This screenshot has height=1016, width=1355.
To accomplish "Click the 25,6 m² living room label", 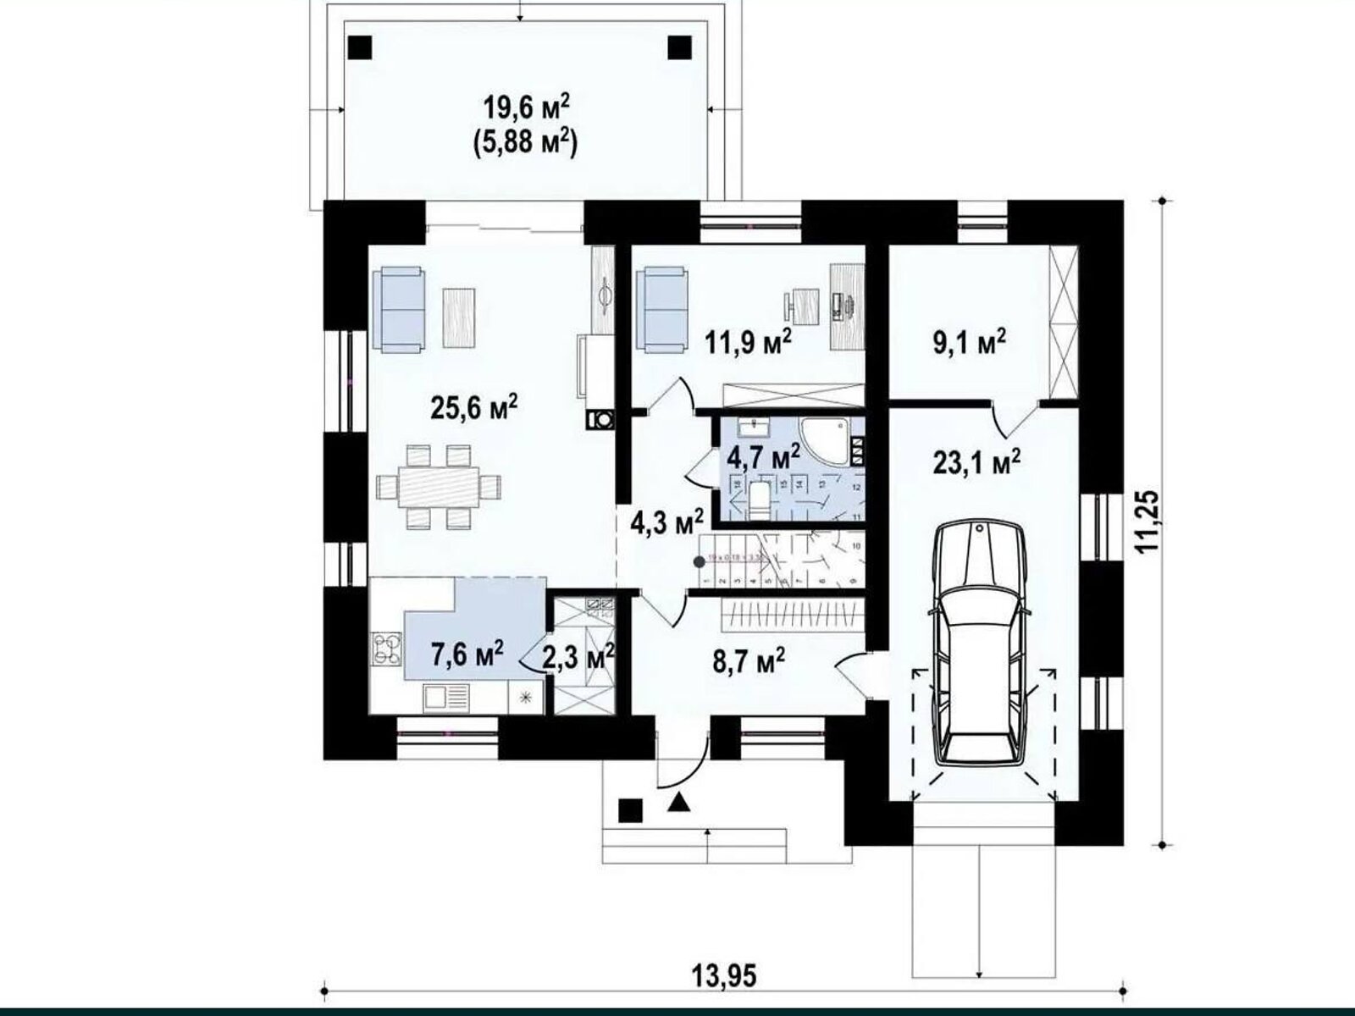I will [473, 409].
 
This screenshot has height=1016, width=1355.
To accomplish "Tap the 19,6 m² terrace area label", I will [526, 109].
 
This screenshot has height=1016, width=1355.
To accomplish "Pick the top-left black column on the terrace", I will [360, 47].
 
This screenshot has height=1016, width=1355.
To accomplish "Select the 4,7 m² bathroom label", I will [764, 458].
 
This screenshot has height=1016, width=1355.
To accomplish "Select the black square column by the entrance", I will [629, 810].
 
